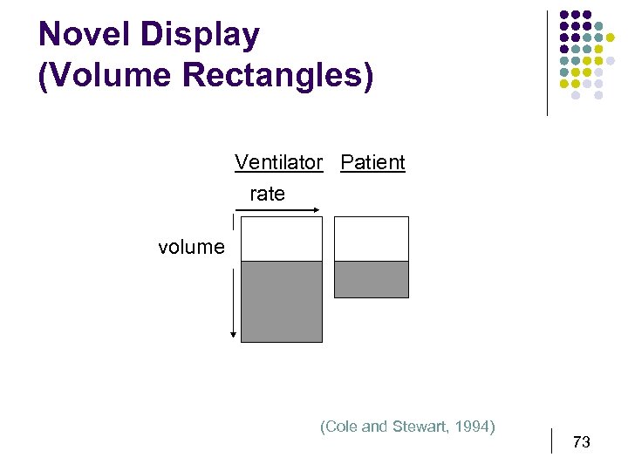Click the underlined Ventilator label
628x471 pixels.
[278, 162]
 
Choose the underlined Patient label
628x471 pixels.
[372, 162]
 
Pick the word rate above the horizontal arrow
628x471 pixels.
[267, 194]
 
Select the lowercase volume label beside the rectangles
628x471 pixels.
[191, 247]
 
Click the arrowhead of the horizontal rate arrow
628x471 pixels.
[318, 209]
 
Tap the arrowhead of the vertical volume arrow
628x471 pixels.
[234, 334]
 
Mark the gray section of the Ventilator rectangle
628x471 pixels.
[281, 301]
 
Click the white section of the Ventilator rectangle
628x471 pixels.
[281, 239]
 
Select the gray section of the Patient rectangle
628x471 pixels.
[372, 279]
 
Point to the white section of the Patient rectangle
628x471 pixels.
[372, 239]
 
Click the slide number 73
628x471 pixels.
[581, 442]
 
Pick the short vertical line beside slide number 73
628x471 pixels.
[553, 440]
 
